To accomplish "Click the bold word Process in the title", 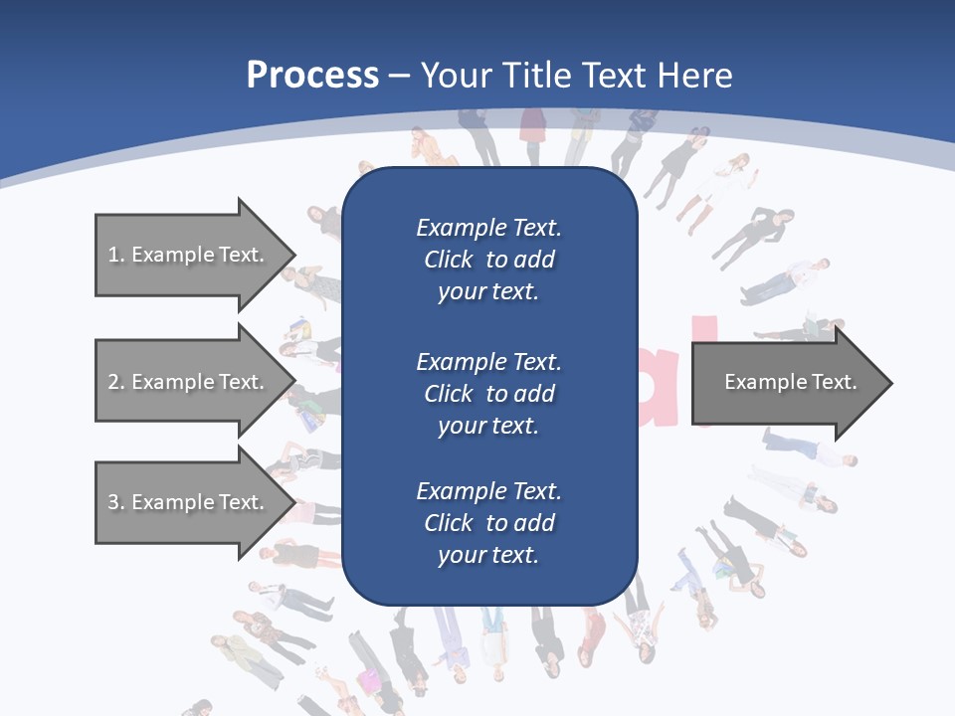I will click(x=312, y=76).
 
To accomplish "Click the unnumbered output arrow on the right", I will click(x=786, y=382).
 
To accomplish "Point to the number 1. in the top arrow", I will click(x=116, y=255).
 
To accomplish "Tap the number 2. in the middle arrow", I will click(x=116, y=382).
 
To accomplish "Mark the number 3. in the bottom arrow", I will click(x=116, y=502).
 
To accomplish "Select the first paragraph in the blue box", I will click(x=488, y=260).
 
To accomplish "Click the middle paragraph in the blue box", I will click(x=488, y=393).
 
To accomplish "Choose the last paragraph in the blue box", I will click(x=488, y=523).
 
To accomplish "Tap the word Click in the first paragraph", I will click(x=449, y=260).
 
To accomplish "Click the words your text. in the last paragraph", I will click(x=488, y=555).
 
